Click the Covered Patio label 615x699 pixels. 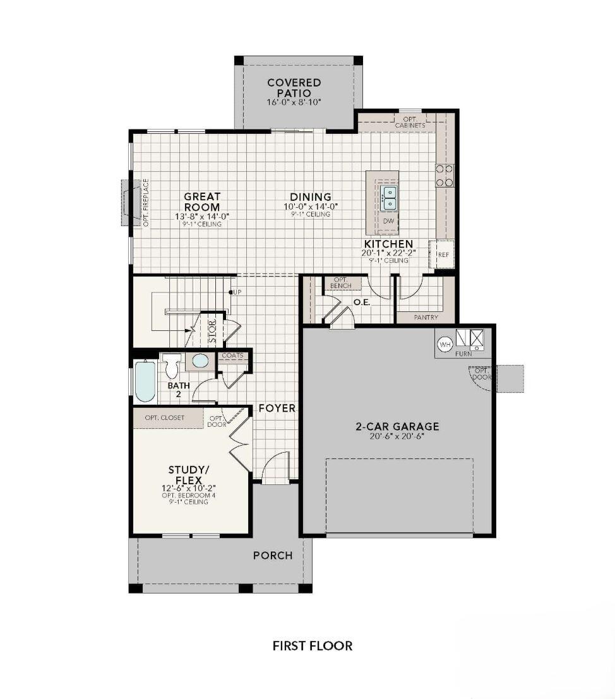click(294, 87)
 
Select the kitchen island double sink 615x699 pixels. click(390, 198)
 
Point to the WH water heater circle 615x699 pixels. click(445, 344)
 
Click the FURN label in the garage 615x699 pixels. click(463, 354)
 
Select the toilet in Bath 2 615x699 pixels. click(171, 366)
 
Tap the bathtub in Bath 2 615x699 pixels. click(145, 381)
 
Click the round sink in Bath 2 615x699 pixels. click(200, 362)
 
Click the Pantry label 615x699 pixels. click(426, 318)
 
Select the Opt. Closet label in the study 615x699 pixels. click(164, 417)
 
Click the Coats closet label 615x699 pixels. click(232, 355)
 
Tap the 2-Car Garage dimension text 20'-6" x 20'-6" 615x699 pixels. click(397, 436)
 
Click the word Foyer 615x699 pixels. click(277, 409)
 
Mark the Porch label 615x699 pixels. click(273, 556)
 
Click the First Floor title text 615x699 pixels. click(312, 645)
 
